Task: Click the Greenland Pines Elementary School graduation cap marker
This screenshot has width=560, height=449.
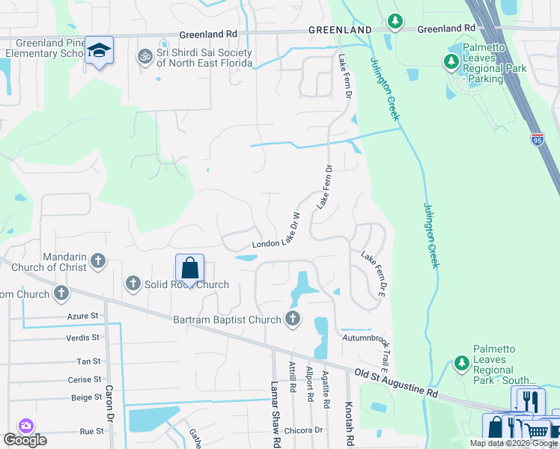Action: pos(99,51)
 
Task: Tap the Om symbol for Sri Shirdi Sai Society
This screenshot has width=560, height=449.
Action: pos(143,57)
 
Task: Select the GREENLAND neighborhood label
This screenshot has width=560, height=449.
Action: pos(341,29)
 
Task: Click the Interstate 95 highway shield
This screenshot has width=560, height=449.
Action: pos(537,139)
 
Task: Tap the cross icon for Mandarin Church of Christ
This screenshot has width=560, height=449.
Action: pos(97,262)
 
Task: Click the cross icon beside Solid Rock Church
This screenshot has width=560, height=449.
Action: pos(133,283)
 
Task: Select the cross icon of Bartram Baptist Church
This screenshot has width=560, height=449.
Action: pos(292,320)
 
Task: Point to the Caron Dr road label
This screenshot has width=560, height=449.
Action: pos(109,404)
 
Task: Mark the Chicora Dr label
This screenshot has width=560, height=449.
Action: pos(303,430)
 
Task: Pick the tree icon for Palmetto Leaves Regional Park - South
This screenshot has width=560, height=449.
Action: pos(462,363)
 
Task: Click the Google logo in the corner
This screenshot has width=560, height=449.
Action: pos(25,440)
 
